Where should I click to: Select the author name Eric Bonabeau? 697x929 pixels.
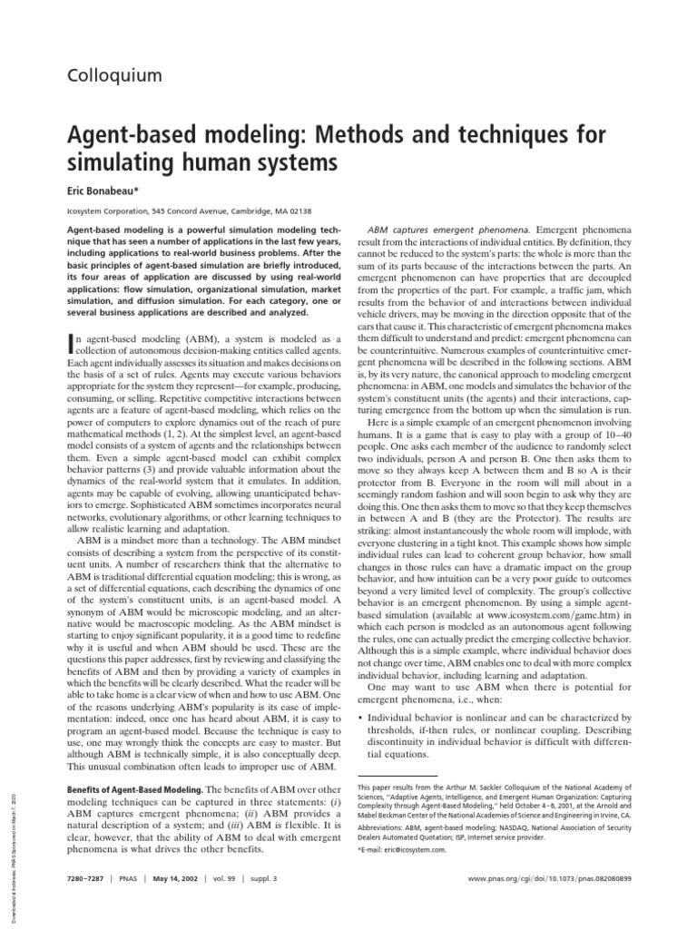[x=107, y=192]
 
